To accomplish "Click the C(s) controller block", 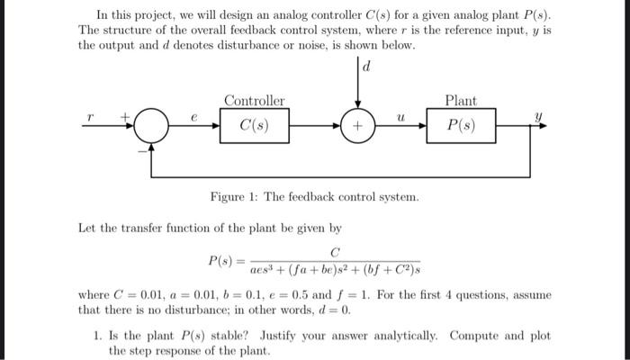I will [254, 125].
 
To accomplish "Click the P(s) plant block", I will [461, 125].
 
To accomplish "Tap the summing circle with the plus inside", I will [357, 126].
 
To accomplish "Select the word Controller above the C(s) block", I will [254, 101].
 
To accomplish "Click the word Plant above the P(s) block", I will [461, 101].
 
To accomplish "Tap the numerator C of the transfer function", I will [335, 251].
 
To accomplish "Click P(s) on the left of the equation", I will [221, 260].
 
